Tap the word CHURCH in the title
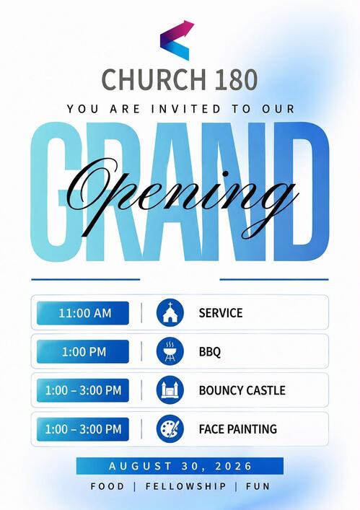tap(154, 79)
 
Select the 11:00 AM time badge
tap(82, 313)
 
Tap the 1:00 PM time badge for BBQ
tap(82, 351)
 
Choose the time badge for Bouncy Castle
tap(82, 390)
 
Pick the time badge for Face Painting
tap(82, 429)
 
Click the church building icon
tap(170, 313)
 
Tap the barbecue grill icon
tap(170, 351)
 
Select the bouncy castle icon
tap(170, 390)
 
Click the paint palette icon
tap(170, 428)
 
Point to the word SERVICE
tap(221, 313)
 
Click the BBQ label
tap(210, 351)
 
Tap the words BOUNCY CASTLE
tap(242, 390)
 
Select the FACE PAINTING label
tap(238, 429)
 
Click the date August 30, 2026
tap(180, 466)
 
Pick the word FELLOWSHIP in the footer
tap(185, 486)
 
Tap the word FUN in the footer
tap(258, 486)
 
